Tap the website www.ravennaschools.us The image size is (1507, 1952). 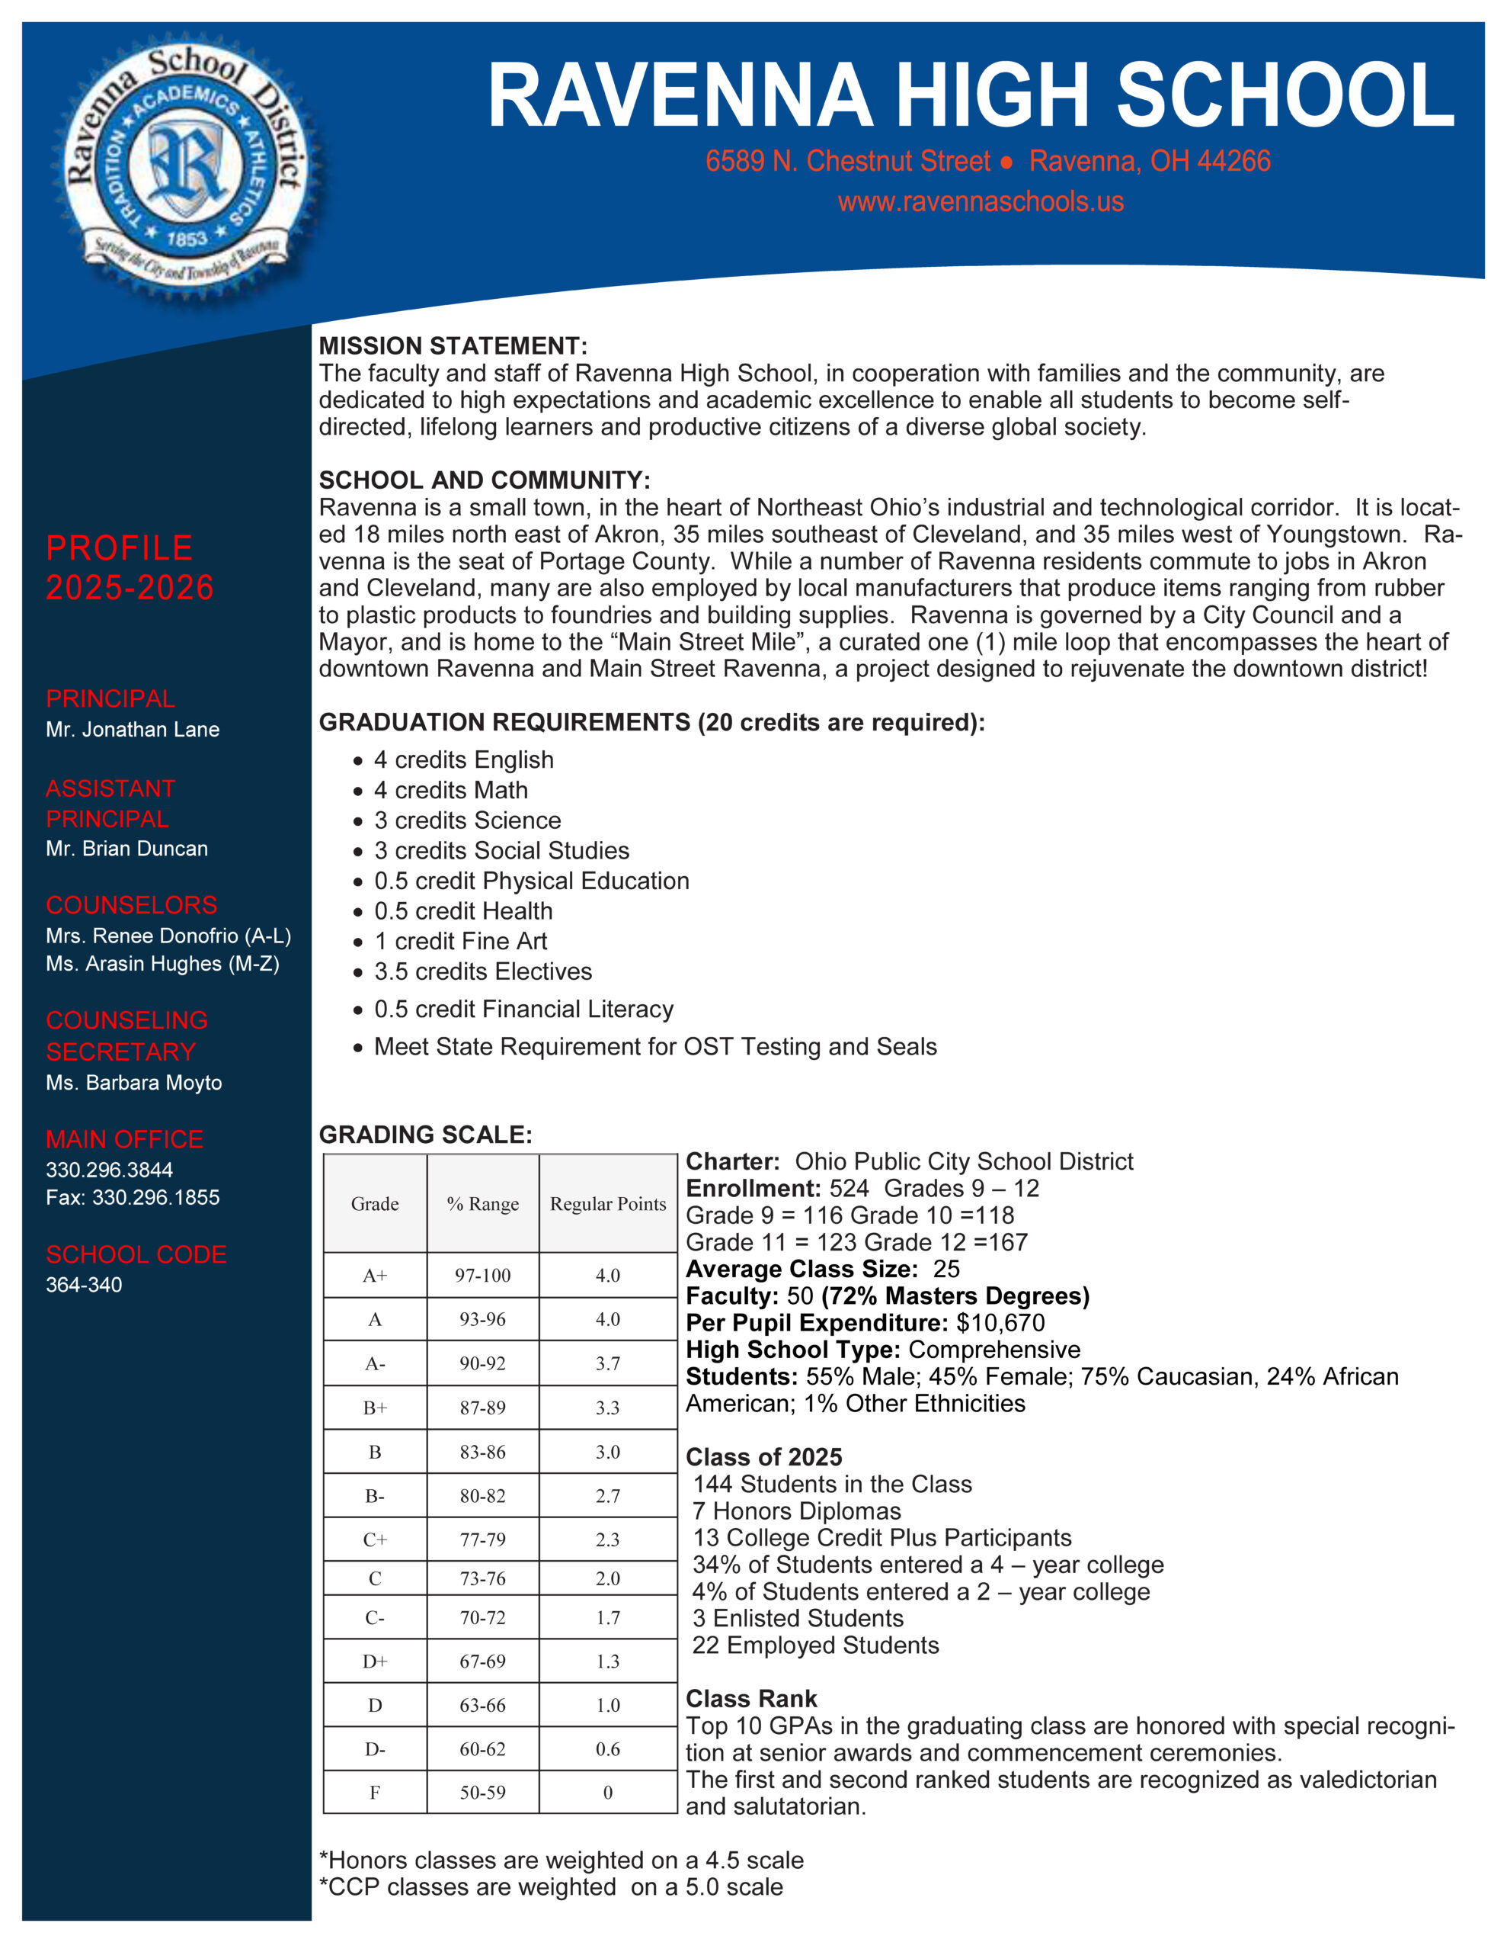980,202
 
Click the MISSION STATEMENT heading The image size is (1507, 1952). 453,346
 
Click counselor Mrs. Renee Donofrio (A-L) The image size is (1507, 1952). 168,936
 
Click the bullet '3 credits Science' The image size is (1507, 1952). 467,820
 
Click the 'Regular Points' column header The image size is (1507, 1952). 607,1204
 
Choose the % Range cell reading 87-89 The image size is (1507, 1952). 482,1408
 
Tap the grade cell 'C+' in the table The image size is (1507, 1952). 374,1539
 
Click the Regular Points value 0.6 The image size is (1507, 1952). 607,1749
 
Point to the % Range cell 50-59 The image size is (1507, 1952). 482,1792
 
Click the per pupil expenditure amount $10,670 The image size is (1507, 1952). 1000,1323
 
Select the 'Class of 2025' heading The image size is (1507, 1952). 763,1457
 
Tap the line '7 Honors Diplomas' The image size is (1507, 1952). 798,1511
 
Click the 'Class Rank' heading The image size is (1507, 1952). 751,1698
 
